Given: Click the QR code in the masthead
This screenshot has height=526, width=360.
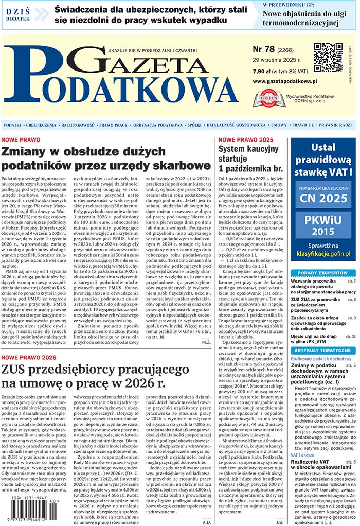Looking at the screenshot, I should pyautogui.click(x=328, y=58).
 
